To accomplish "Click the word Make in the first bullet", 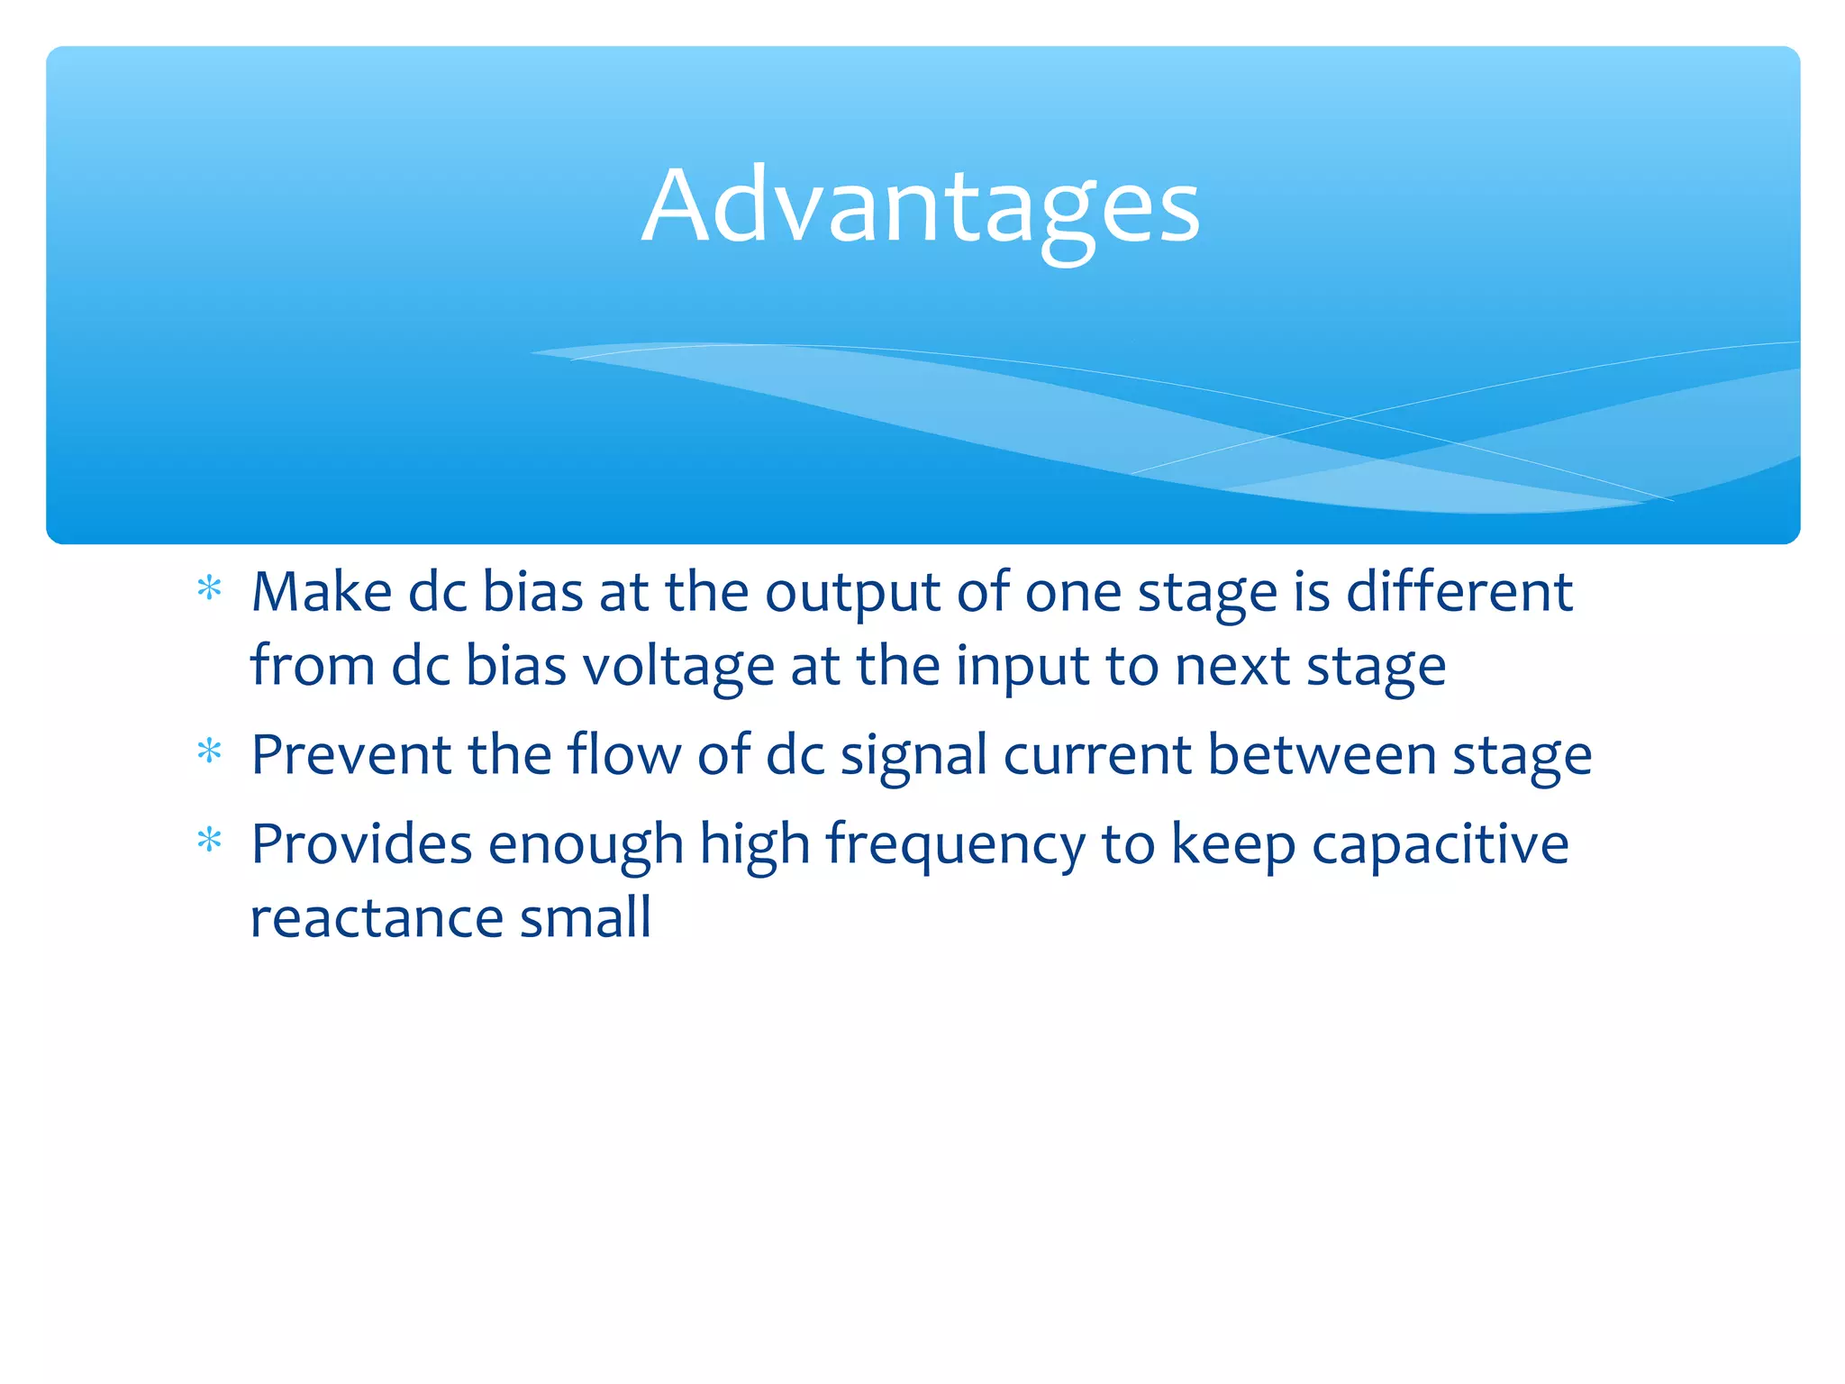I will pyautogui.click(x=322, y=593).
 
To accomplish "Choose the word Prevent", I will pyautogui.click(x=350, y=755).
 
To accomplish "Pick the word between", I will pyautogui.click(x=1321, y=755).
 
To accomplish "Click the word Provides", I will pyautogui.click(x=361, y=845).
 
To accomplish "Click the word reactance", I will pyautogui.click(x=377, y=919).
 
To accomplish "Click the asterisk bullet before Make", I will pyautogui.click(x=209, y=588).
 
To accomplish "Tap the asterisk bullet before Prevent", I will pyautogui.click(x=209, y=751).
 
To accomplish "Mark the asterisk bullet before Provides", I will pyautogui.click(x=209, y=841).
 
